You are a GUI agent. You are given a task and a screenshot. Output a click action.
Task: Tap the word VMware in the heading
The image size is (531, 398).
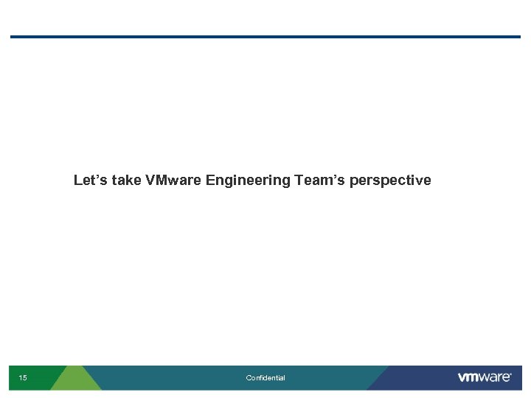174,181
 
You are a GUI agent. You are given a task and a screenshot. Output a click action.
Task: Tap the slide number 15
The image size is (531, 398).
23,378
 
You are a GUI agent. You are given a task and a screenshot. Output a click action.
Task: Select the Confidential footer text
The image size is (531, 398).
265,378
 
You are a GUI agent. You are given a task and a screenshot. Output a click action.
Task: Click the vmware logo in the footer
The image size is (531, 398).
484,377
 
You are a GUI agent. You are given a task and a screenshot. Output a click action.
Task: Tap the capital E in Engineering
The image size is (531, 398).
211,181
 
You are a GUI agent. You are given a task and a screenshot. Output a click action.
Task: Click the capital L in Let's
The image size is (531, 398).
78,181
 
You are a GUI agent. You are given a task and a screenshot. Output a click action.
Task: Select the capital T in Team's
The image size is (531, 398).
299,181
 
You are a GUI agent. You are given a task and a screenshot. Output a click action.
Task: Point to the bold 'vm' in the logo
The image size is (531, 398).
468,378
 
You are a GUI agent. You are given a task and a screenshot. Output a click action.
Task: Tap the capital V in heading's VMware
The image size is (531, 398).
151,181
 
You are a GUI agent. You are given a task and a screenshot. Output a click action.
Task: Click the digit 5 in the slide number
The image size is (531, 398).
25,378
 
